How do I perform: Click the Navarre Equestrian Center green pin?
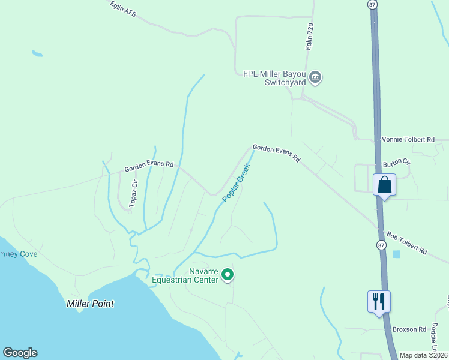(228, 275)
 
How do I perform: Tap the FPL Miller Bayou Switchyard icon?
(316, 77)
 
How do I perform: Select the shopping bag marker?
(384, 185)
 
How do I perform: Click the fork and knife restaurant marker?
(379, 301)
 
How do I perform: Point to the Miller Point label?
(90, 304)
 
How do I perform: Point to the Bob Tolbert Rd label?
(406, 242)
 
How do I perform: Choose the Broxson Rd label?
(409, 329)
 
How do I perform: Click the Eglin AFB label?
(124, 8)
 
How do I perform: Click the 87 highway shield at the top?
(373, 4)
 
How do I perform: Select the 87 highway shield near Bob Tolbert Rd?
(382, 245)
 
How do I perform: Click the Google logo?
(20, 353)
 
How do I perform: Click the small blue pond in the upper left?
(37, 54)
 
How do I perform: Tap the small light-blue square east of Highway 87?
(396, 254)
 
